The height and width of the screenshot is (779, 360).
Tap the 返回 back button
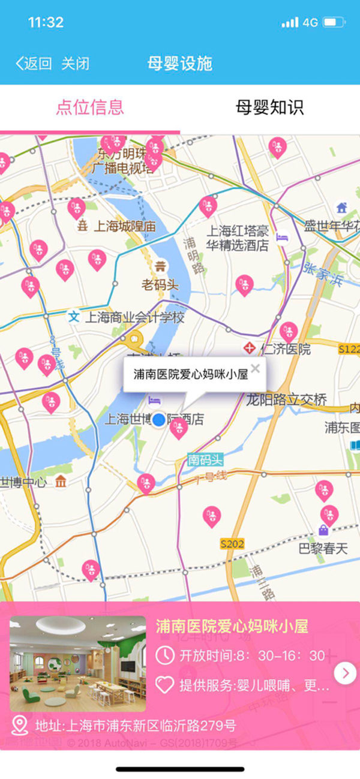point(34,64)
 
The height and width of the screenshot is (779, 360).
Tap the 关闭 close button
point(75,64)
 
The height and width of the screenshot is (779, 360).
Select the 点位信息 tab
point(90,107)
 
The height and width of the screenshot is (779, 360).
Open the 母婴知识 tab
point(269,107)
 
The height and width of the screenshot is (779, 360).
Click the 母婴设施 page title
point(180,64)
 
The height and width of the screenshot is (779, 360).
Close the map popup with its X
point(256,368)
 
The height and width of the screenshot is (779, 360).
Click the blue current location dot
point(158,419)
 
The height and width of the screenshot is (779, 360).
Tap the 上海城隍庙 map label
point(124,226)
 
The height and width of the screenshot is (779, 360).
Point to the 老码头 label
point(160,285)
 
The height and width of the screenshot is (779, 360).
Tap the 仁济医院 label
point(285,349)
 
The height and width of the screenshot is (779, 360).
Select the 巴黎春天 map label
point(323,548)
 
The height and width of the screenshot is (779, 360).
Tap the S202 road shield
point(232,544)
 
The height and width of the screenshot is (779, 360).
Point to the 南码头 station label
point(205,460)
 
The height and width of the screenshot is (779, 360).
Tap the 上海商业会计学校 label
point(134,317)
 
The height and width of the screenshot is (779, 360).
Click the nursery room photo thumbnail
point(78,664)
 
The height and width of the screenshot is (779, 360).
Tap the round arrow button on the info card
point(345,673)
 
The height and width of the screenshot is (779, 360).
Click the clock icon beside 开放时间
point(164,655)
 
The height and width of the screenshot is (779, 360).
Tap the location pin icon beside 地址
point(20,726)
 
